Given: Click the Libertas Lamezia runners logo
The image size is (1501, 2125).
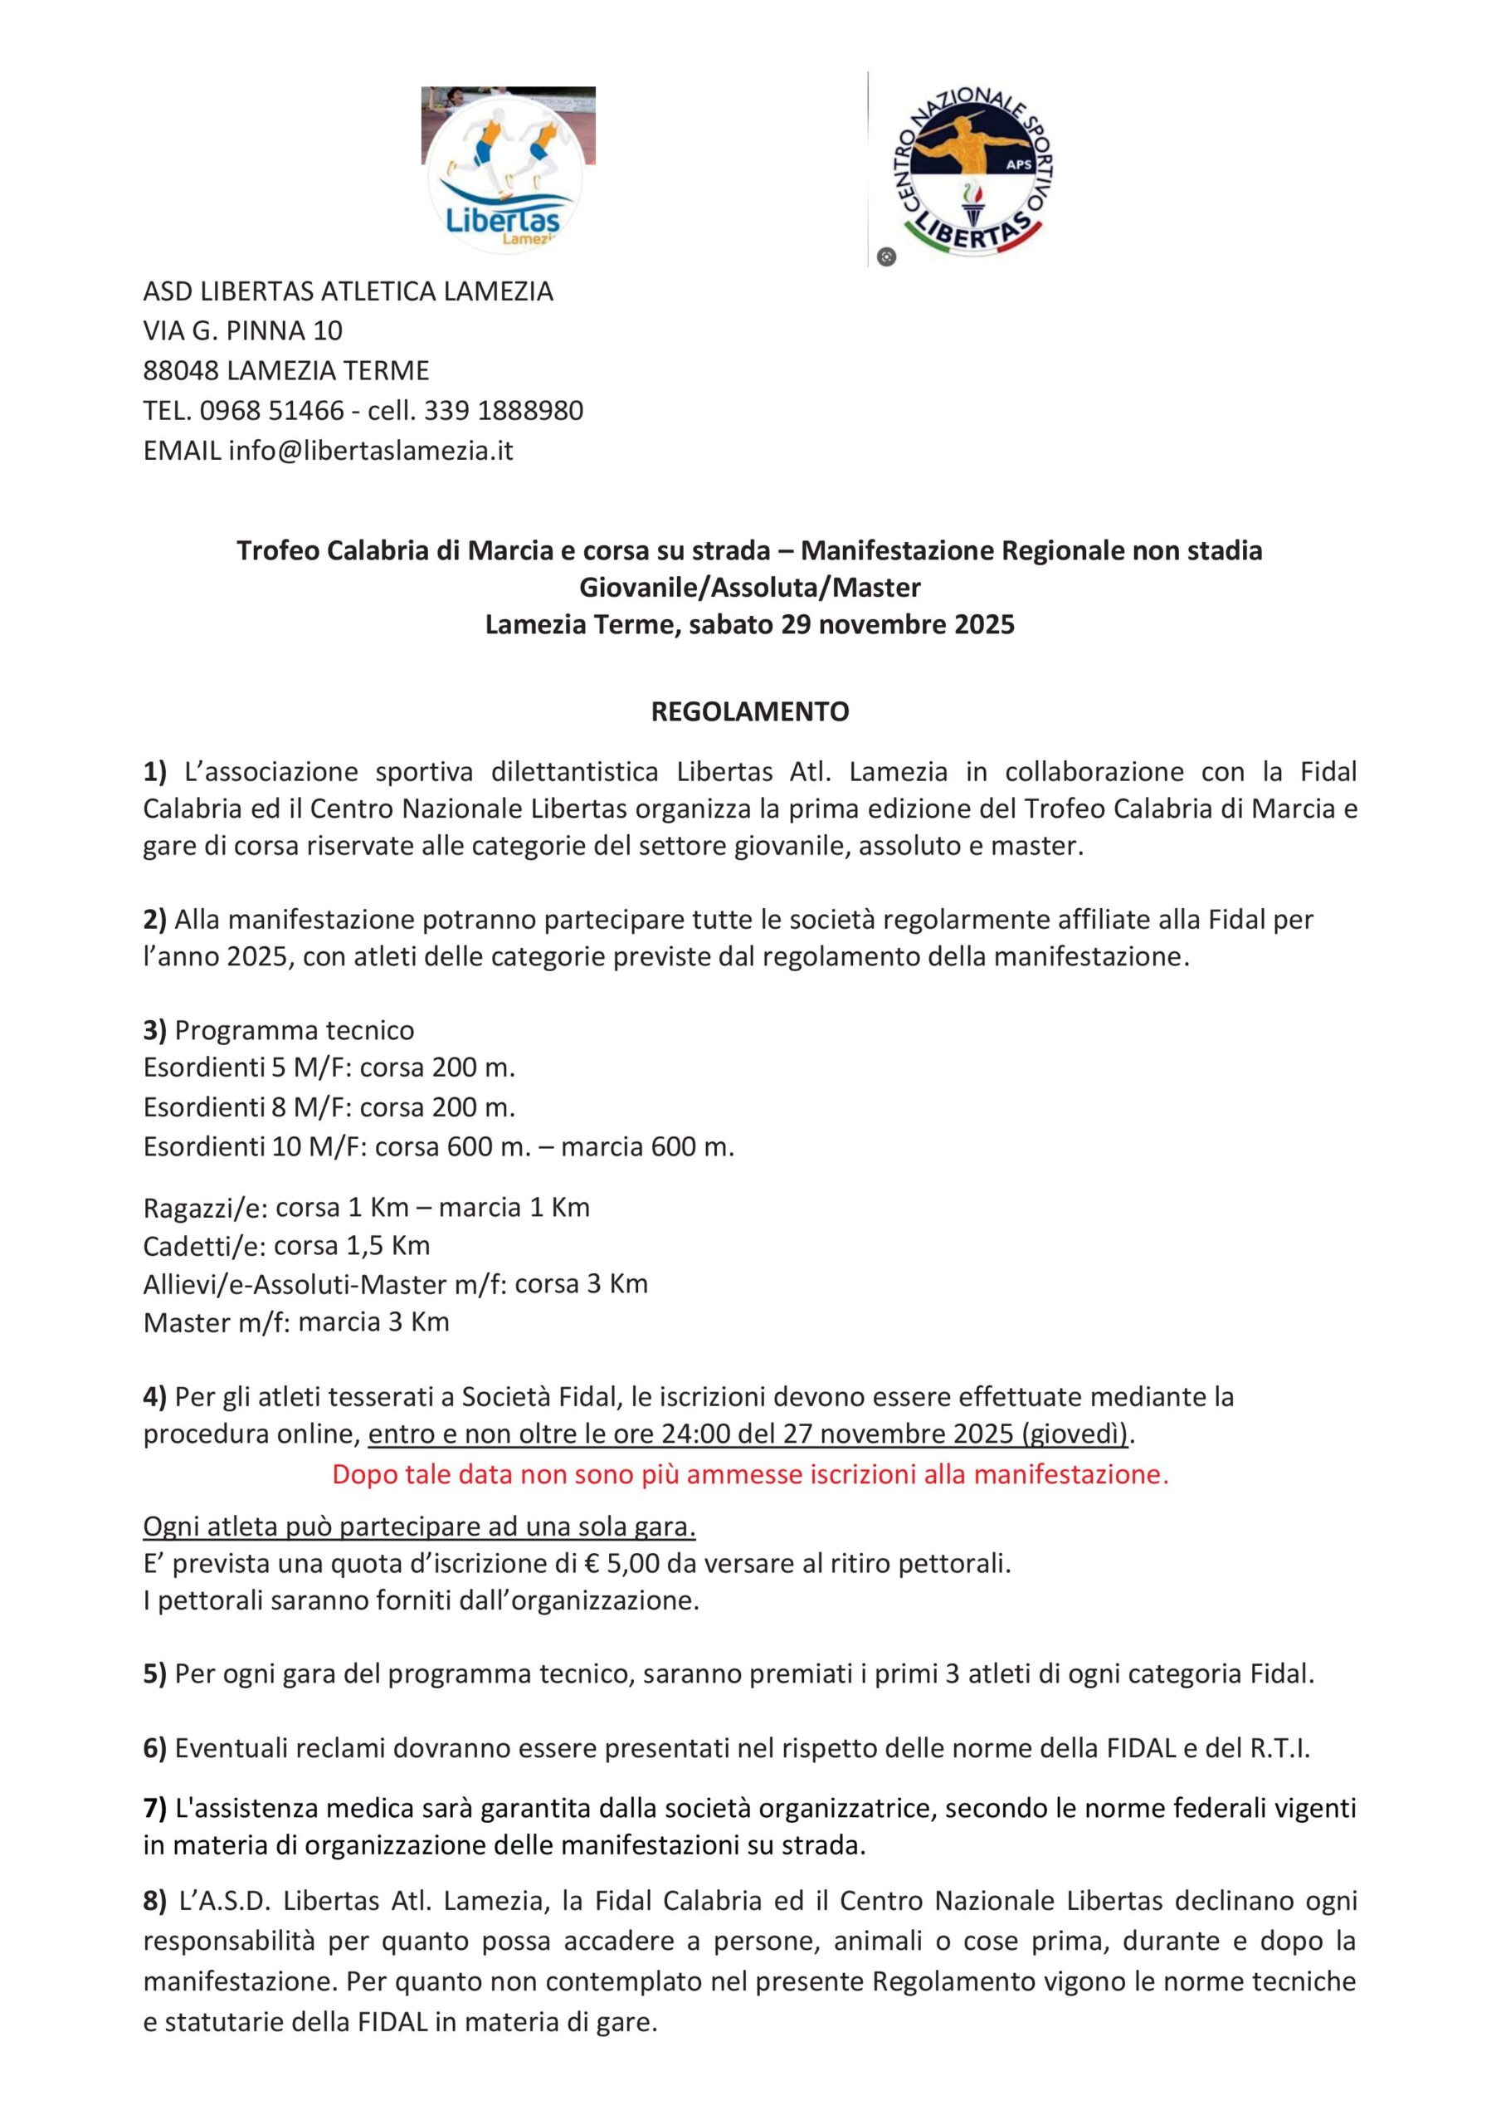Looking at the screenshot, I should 507,169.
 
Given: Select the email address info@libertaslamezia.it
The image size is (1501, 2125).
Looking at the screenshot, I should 370,451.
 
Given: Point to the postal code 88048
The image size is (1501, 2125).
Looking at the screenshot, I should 182,371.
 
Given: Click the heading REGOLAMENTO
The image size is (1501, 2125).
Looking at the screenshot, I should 749,711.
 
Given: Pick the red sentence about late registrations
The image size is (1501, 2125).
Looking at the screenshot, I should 749,1473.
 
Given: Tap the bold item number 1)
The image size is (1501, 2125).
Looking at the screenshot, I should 154,772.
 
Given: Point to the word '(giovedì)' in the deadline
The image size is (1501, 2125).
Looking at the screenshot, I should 1075,1434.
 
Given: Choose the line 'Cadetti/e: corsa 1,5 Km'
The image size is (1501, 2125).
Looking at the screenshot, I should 287,1246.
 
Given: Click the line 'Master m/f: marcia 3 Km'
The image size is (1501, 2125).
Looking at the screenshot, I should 296,1321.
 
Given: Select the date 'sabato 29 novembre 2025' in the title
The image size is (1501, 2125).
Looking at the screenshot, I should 851,625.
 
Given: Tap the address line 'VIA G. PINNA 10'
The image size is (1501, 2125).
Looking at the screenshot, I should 242,330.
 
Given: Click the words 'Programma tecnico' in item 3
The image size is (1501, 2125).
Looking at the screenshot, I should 295,1030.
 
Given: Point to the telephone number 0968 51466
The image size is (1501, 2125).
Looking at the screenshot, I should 272,411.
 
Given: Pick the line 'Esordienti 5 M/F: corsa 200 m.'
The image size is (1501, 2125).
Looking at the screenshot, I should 329,1068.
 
